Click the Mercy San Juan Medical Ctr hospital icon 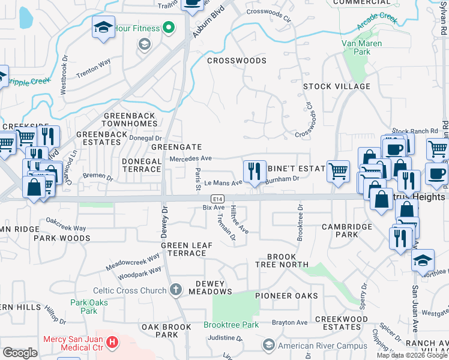112,343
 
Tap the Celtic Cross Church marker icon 175,290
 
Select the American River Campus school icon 268,346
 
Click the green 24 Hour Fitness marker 169,28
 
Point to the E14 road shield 217,199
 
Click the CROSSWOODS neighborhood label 236,61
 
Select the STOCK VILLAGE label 336,86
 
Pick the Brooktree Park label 231,325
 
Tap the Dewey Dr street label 163,221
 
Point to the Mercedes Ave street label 191,159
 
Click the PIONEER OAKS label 286,296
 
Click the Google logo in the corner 20,353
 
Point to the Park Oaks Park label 89,307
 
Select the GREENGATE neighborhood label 176,146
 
